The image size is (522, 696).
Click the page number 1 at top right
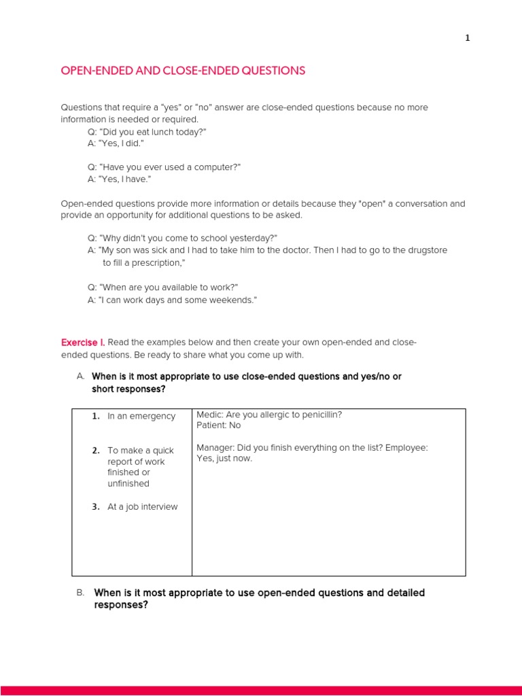coord(467,38)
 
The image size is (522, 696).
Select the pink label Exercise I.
coord(83,342)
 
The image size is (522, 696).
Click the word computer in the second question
coord(213,167)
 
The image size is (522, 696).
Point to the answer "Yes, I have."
coord(119,179)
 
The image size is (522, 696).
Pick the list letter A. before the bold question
coord(80,376)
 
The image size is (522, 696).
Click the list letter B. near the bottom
coord(80,593)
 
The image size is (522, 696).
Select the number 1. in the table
coord(96,416)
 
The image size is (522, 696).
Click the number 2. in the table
coord(96,450)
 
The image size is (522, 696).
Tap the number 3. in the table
coord(96,506)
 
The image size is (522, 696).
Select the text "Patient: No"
coord(218,425)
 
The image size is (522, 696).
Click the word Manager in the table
coord(215,447)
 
